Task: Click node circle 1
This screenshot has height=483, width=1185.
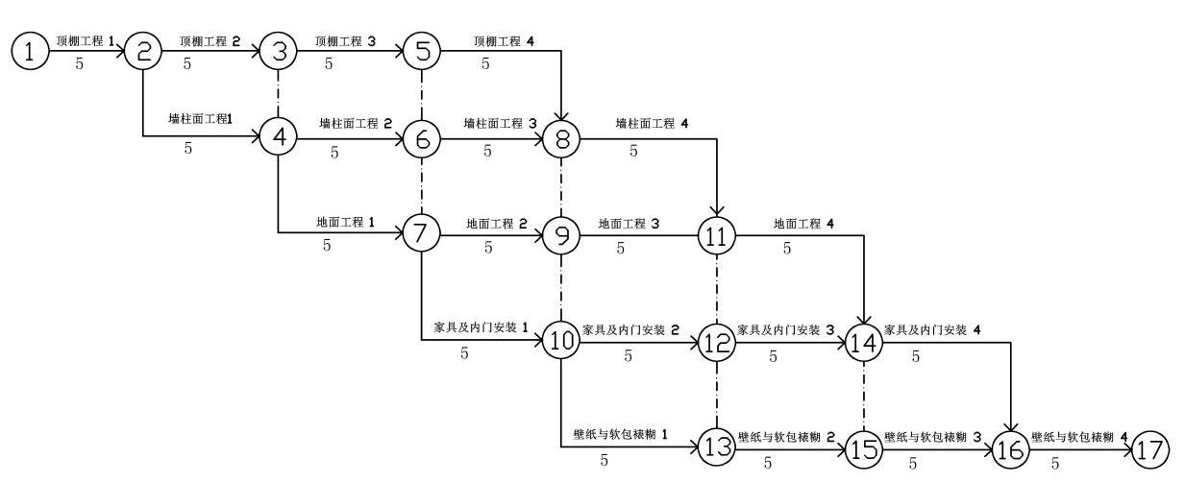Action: pyautogui.click(x=30, y=51)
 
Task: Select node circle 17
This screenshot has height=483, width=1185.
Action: pyautogui.click(x=1150, y=447)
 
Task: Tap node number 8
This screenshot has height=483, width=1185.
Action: pyautogui.click(x=560, y=138)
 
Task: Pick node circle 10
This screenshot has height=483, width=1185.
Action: pyautogui.click(x=560, y=338)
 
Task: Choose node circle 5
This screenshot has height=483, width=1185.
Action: pyautogui.click(x=422, y=51)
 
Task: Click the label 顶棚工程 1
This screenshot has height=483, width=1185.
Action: pyautogui.click(x=85, y=41)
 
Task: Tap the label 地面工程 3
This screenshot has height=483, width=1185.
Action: pyautogui.click(x=629, y=223)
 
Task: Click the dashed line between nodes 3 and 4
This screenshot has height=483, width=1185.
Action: pyautogui.click(x=280, y=94)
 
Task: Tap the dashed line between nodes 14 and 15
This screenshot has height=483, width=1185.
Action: pyautogui.click(x=864, y=394)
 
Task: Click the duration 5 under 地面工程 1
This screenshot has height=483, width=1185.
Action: pyautogui.click(x=327, y=247)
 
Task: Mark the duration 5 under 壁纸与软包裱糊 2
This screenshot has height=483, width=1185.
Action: pyautogui.click(x=767, y=463)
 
